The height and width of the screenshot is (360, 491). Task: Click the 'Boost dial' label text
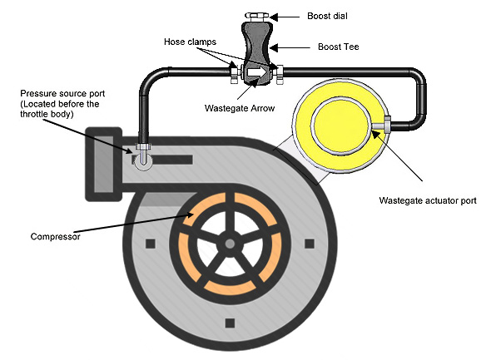[327, 16]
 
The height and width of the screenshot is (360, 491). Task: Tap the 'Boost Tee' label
[338, 47]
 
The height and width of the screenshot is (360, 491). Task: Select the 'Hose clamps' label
[190, 42]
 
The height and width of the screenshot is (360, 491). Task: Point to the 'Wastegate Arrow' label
[240, 108]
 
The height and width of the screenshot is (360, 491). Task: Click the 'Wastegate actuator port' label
[428, 200]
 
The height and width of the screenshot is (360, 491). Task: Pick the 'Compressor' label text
[56, 236]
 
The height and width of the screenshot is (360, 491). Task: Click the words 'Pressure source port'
[62, 93]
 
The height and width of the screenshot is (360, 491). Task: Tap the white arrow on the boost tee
[257, 72]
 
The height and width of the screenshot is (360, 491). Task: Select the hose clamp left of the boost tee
[234, 73]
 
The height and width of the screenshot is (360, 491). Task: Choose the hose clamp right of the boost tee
[280, 75]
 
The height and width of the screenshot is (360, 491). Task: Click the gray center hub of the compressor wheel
[231, 244]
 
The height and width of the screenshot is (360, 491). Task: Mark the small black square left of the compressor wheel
[151, 244]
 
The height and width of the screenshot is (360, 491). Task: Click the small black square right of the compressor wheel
[310, 244]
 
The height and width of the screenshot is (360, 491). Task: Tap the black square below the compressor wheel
[231, 323]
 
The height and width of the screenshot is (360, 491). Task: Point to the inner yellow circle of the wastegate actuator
[340, 126]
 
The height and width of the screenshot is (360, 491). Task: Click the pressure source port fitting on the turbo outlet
[143, 155]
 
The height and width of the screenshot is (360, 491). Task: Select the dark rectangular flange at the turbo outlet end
[104, 164]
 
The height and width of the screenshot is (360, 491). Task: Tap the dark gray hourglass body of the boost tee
[257, 53]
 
